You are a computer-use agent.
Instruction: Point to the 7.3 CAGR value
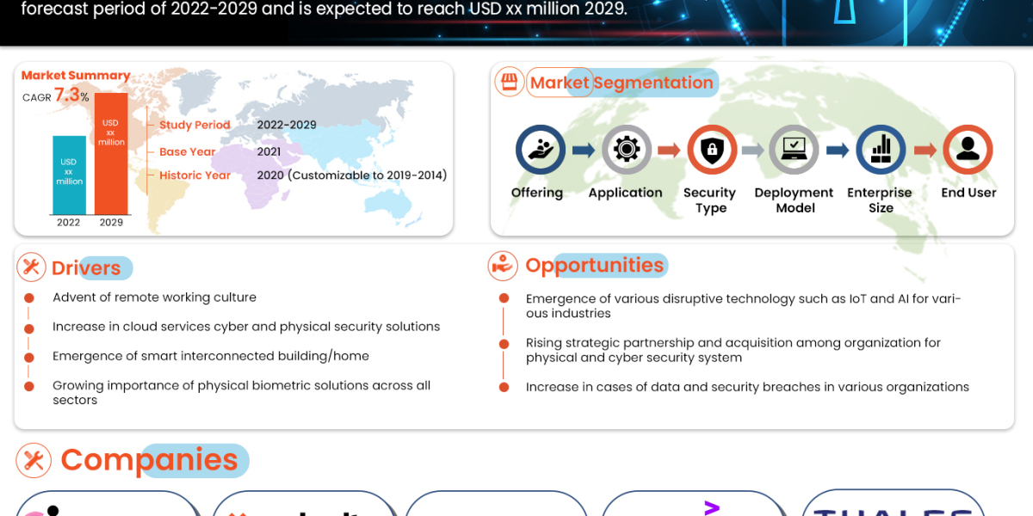67,95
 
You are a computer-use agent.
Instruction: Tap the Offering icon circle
540,150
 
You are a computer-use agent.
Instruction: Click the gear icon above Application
626,150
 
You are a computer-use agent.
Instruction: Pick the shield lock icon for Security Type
711,150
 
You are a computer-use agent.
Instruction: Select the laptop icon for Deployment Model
794,150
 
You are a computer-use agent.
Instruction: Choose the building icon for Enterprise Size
881,150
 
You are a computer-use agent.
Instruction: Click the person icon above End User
968,150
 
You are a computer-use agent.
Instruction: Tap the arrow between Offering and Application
583,150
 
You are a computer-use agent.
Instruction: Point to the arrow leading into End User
925,150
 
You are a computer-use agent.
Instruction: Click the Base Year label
188,151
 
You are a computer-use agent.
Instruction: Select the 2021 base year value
269,151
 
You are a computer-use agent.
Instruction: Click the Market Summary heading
76,76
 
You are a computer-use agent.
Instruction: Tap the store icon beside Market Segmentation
509,83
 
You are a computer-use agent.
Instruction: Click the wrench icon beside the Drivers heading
32,267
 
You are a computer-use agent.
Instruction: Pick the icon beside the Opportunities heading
502,266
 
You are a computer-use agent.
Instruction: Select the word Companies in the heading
149,460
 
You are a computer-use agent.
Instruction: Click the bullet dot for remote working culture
29,298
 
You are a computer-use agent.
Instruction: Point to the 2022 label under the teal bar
69,222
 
